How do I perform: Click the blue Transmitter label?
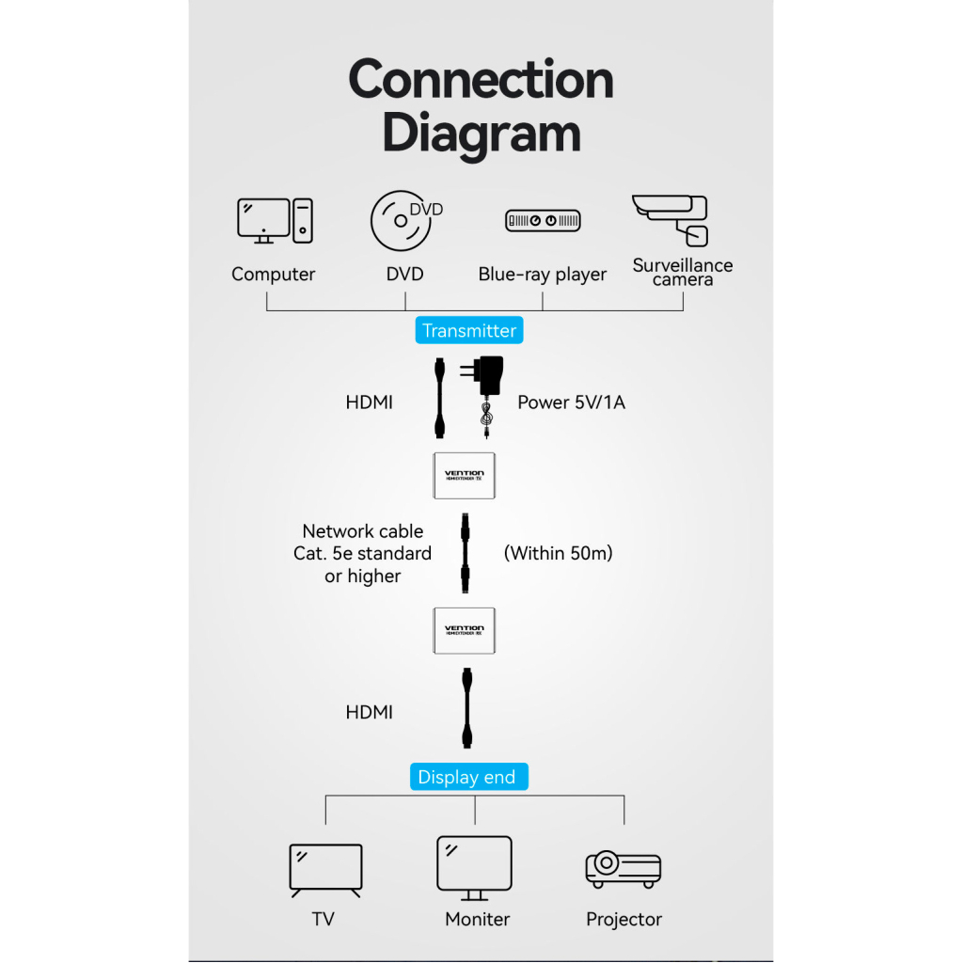(468, 330)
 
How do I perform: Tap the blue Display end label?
(467, 777)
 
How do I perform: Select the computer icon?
(274, 221)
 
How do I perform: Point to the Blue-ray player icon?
(543, 221)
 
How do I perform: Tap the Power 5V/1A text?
(571, 403)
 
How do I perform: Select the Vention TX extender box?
(463, 476)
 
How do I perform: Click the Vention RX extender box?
(463, 630)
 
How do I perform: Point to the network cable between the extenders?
(464, 553)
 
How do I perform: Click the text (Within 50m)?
(559, 553)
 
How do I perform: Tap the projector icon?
(624, 869)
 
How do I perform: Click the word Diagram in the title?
(481, 133)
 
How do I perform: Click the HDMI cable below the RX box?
(465, 707)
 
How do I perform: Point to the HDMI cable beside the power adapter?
(439, 398)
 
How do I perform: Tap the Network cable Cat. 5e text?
(363, 553)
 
